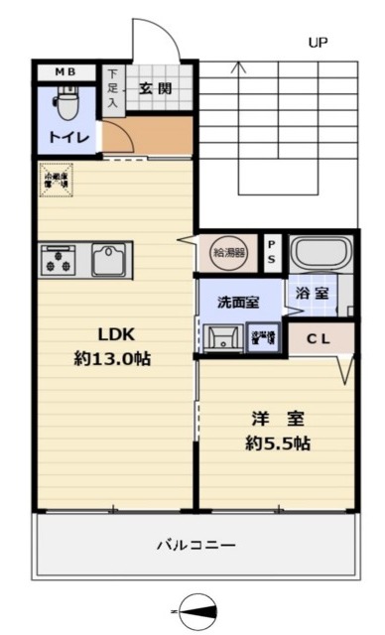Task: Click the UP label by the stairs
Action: [x=318, y=43]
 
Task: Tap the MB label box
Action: [x=65, y=72]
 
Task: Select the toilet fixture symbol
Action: [x=66, y=102]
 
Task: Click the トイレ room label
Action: [x=65, y=136]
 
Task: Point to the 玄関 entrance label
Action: [x=155, y=87]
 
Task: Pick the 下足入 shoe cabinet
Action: [x=113, y=87]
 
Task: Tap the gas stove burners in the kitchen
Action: [x=57, y=261]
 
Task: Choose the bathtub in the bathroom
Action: [x=320, y=253]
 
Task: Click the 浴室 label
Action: [x=312, y=294]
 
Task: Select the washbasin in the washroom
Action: [x=224, y=338]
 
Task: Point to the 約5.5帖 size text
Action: [x=278, y=444]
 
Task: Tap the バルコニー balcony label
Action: [x=195, y=545]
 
